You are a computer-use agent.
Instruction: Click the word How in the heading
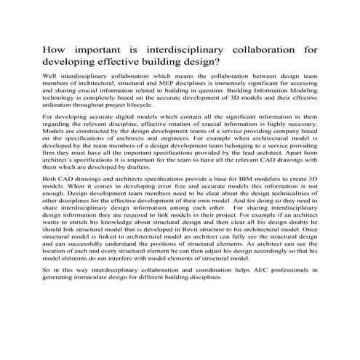(55, 52)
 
